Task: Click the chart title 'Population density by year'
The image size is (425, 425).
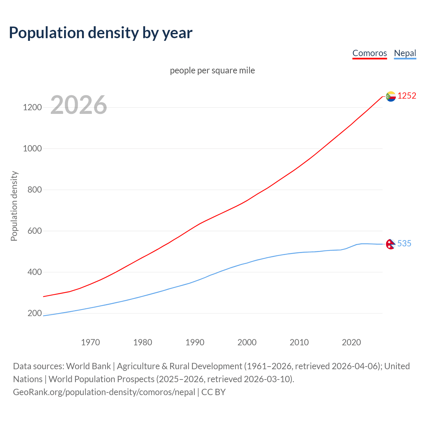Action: click(x=101, y=33)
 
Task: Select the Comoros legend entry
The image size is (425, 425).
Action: click(x=370, y=53)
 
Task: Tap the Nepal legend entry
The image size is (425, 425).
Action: click(x=405, y=53)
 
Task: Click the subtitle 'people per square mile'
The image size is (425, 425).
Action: click(x=212, y=71)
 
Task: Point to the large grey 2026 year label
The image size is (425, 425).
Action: click(x=79, y=105)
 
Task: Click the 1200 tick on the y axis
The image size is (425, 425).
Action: click(x=32, y=107)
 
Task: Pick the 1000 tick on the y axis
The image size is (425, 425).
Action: click(x=32, y=148)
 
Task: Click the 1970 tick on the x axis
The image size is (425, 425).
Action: click(x=90, y=342)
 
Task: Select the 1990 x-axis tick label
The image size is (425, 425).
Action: click(x=195, y=342)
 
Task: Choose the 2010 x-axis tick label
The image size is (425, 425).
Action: click(x=299, y=342)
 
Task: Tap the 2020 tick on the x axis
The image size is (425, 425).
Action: click(x=351, y=342)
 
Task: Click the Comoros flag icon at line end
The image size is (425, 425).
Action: click(x=391, y=96)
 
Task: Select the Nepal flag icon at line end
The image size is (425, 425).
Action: click(x=390, y=244)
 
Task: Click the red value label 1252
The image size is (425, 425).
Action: click(x=407, y=96)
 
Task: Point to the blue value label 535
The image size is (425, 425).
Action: click(x=404, y=244)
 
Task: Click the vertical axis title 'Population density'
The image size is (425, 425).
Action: click(x=14, y=206)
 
